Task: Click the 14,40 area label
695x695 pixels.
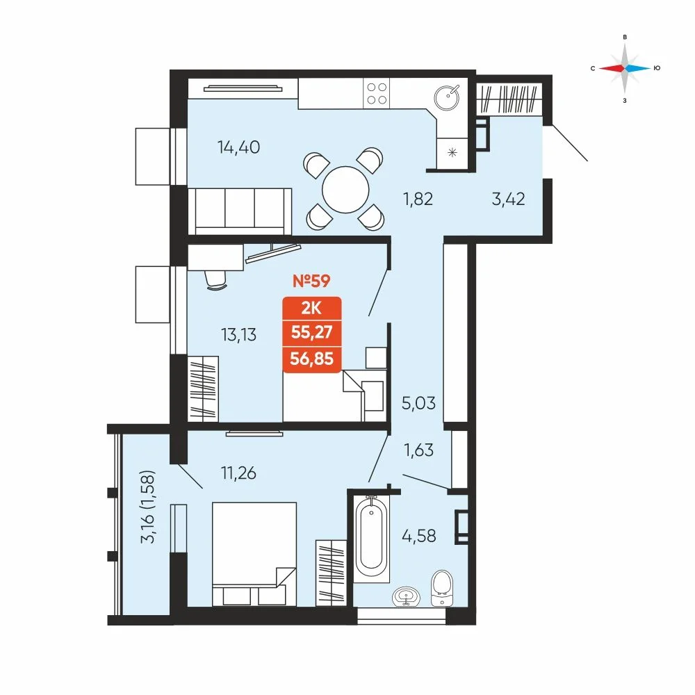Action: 238,147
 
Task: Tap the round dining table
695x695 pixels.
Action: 345,190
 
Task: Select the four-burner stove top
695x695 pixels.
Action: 376,94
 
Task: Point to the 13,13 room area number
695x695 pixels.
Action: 238,335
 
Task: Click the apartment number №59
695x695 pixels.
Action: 311,281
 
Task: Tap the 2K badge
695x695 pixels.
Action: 311,308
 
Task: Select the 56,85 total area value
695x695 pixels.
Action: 311,358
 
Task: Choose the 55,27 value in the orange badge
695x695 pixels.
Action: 311,332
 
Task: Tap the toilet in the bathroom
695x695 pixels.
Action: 442,588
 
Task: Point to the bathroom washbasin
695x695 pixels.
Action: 406,596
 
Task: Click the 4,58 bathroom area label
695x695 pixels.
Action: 419,536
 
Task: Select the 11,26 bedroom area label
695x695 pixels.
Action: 238,473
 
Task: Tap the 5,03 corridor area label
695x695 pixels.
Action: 418,403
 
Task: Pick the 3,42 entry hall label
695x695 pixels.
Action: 509,199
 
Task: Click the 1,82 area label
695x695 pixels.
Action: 418,199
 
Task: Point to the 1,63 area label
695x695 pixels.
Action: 418,450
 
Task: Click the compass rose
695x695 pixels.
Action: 625,68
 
